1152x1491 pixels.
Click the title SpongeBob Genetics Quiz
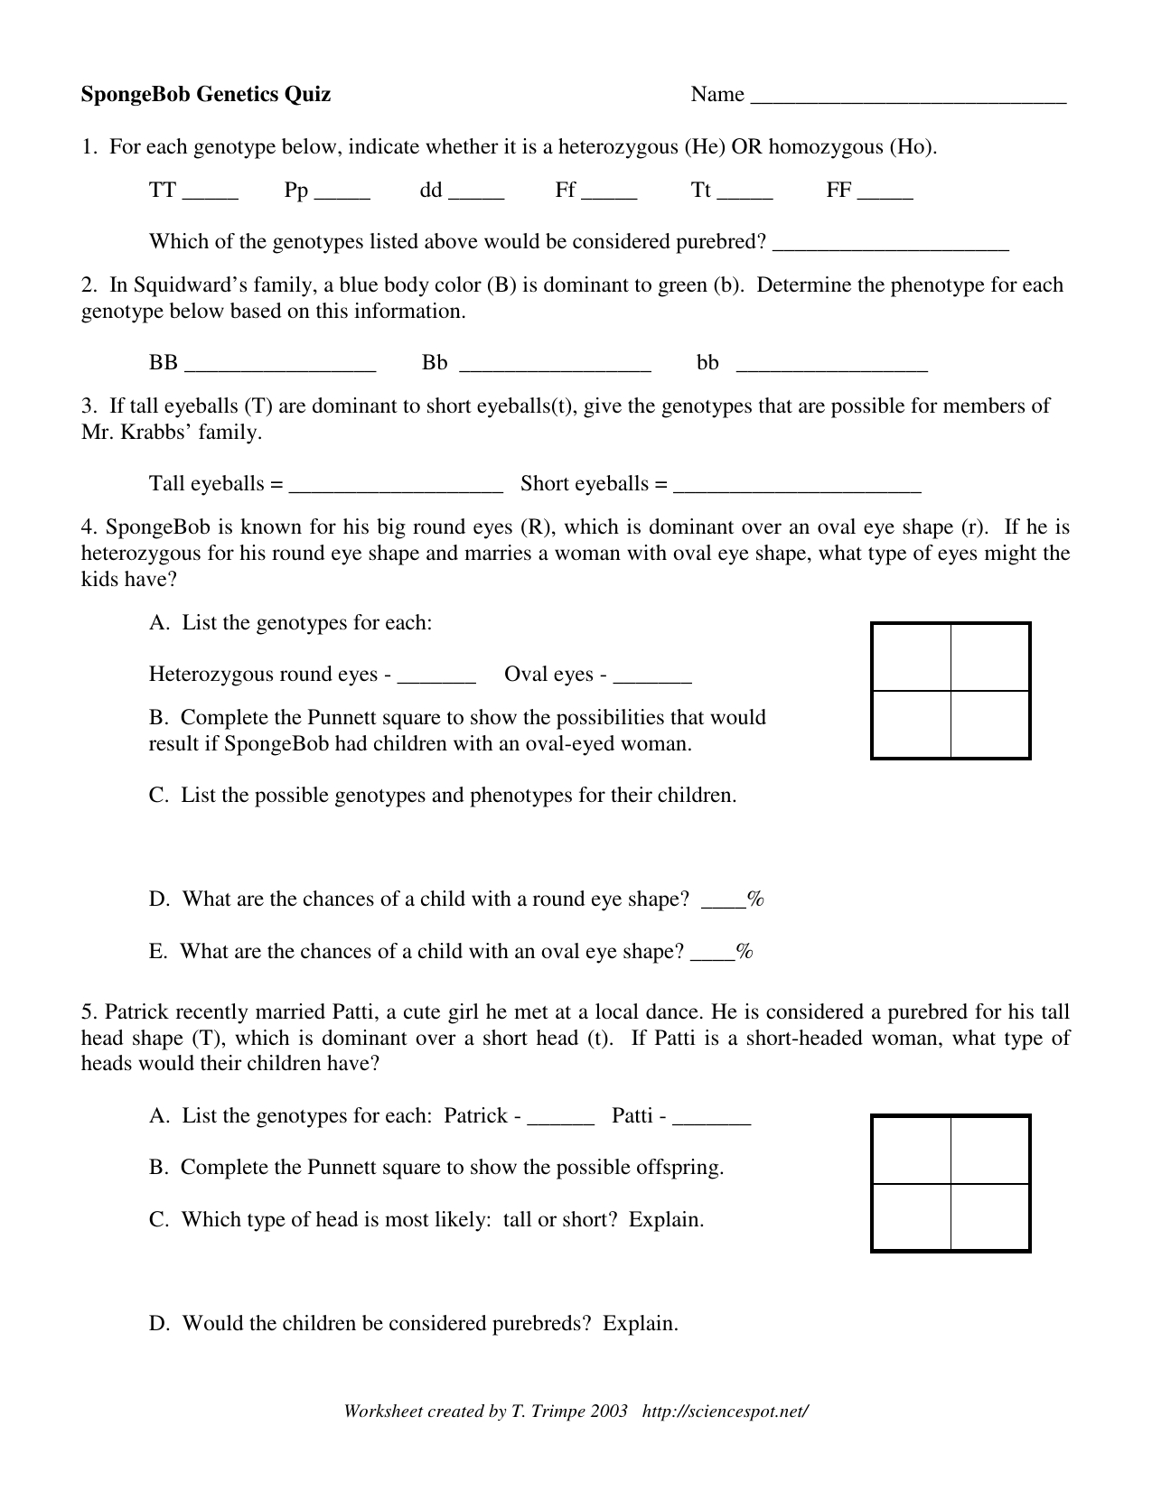click(x=206, y=94)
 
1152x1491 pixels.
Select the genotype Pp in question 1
click(x=296, y=191)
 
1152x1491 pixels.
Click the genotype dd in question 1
click(x=431, y=191)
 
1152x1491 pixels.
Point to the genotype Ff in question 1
click(x=566, y=191)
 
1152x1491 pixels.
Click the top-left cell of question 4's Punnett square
click(x=912, y=657)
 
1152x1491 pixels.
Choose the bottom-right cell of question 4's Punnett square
click(x=990, y=724)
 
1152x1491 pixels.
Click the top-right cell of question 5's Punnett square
click(x=990, y=1151)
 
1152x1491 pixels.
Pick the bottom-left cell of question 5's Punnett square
click(x=912, y=1216)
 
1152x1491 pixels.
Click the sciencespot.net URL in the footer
click(x=725, y=1412)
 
